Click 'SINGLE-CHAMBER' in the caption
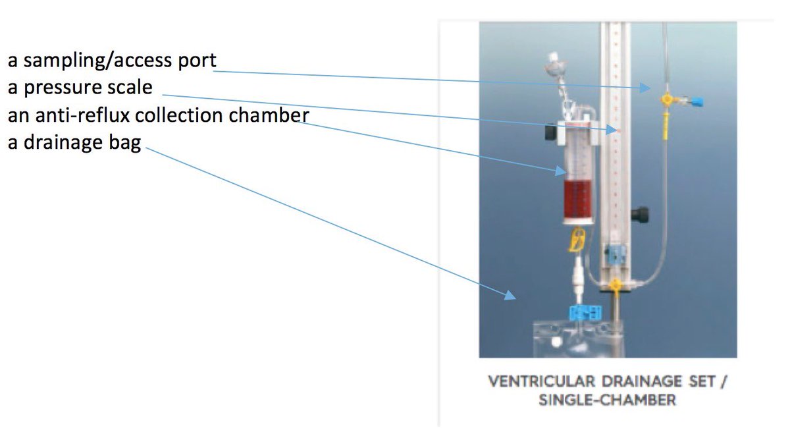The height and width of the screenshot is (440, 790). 607,400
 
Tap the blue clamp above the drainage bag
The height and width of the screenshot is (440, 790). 583,312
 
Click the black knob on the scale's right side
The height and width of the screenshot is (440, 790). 638,215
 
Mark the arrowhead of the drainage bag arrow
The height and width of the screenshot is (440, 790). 511,296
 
